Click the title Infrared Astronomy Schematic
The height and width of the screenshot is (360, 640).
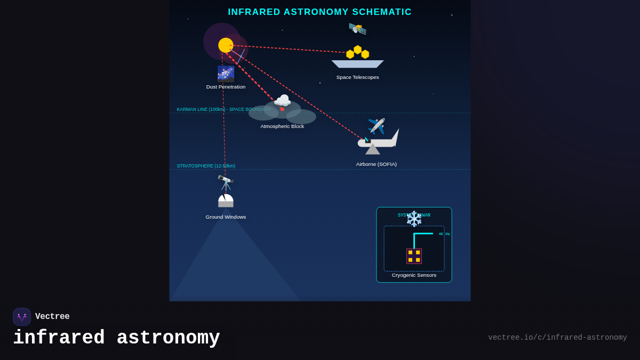[319, 12]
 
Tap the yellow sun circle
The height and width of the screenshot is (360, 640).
[226, 45]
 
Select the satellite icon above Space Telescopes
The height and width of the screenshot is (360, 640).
[357, 28]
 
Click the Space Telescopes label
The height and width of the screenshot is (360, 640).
[357, 77]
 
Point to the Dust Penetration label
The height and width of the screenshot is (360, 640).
[226, 87]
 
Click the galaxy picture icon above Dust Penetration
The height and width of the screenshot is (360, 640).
[226, 74]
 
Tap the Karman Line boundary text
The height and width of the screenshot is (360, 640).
[223, 109]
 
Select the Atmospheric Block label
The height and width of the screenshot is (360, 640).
[282, 126]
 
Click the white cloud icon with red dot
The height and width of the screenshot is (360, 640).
[282, 101]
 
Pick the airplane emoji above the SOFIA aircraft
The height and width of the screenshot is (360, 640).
[376, 126]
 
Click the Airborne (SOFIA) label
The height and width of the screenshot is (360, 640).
[376, 164]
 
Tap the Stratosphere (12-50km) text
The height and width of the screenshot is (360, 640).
[206, 166]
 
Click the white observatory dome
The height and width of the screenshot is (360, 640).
[226, 201]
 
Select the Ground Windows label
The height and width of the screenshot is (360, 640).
[226, 217]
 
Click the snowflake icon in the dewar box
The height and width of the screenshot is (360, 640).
[414, 219]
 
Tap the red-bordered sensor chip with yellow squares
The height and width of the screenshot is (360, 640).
[414, 256]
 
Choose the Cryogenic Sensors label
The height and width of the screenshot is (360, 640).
[414, 275]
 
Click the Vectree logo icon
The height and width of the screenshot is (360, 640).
[22, 317]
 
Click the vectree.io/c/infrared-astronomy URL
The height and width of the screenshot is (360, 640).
[557, 338]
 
